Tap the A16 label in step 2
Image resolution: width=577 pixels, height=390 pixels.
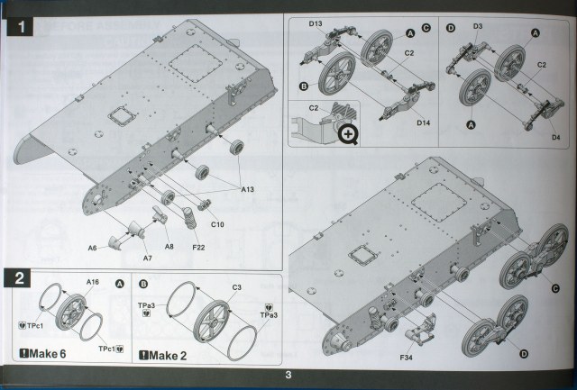click(92, 282)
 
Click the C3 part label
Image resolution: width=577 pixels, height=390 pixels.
click(236, 287)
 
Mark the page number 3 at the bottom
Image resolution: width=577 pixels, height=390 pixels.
click(287, 375)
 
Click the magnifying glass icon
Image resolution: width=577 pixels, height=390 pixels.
click(351, 133)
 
